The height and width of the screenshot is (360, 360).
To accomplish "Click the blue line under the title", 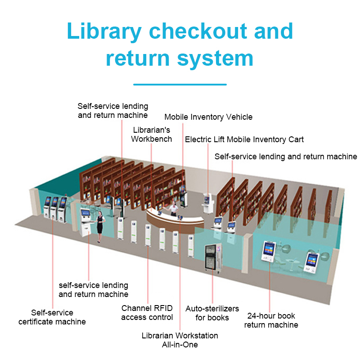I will click(180, 84).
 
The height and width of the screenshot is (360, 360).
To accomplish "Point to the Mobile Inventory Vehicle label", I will click(208, 117).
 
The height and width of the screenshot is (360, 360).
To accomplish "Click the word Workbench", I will click(152, 139).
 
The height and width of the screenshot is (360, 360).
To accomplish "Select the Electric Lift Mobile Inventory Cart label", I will click(244, 139).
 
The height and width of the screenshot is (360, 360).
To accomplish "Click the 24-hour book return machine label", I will click(271, 320).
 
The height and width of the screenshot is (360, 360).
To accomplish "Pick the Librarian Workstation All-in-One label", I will click(180, 340).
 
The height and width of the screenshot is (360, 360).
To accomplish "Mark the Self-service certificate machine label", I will click(52, 317).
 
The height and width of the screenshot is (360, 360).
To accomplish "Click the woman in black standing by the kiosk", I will click(100, 223).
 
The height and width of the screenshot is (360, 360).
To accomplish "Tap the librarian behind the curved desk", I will click(173, 210).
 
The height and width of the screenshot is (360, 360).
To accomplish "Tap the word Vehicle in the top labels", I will click(238, 117).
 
